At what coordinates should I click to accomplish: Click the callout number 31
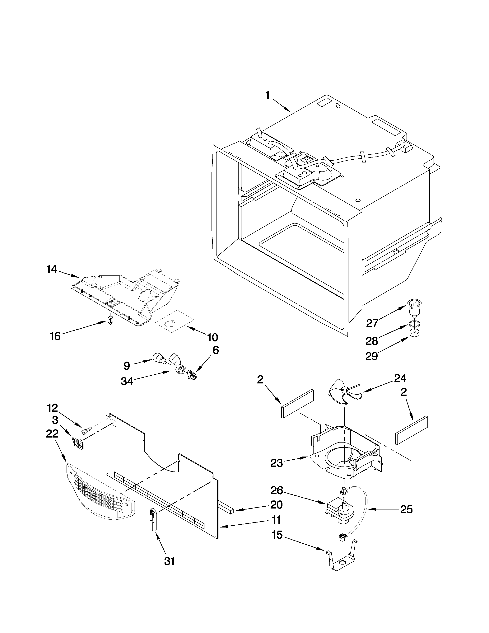tap(170, 561)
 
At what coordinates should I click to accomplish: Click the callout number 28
tap(372, 341)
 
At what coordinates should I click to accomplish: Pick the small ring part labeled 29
tap(415, 333)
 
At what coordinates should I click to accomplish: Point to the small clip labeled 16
tap(110, 320)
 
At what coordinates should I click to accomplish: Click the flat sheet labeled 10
tap(175, 321)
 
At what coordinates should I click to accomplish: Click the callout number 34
tap(127, 381)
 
